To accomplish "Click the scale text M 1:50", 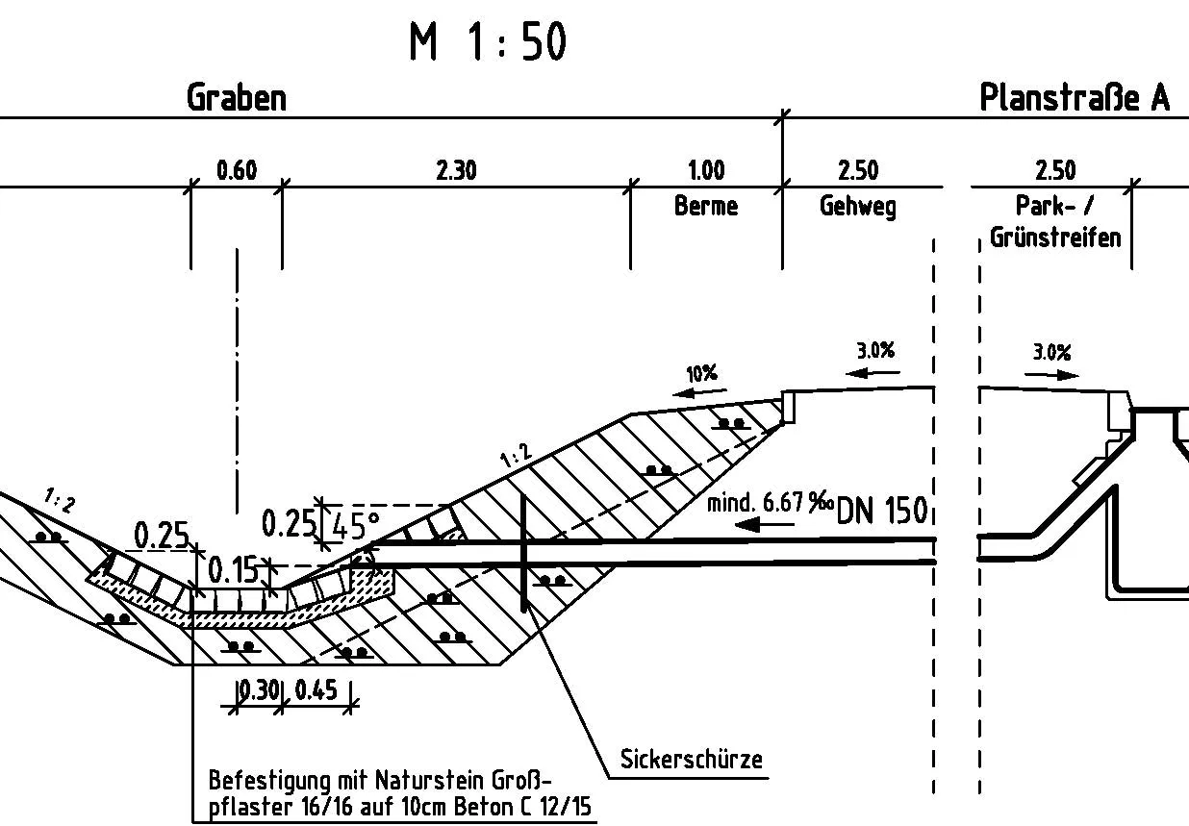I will coord(488,42).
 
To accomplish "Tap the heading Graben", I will coord(237,98).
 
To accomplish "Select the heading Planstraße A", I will coord(1075,98).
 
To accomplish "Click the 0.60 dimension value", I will coord(237,171).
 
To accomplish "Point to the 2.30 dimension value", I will coord(456,171).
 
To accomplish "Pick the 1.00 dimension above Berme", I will coord(705,171).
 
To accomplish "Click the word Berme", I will coord(705,206).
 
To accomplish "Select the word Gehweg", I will coord(857,206).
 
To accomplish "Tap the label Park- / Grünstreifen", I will coord(1055,222).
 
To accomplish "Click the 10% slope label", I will coord(701,373).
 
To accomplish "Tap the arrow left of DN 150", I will coord(761,525).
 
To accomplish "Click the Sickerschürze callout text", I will coord(691,760).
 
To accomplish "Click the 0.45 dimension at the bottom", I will coord(316,690).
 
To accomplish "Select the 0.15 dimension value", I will coord(235,571).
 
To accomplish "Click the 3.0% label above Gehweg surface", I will coord(875,350).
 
